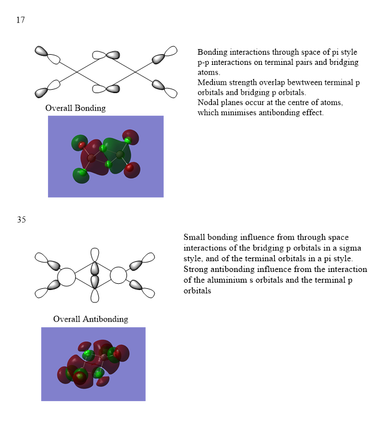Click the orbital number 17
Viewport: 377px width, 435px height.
tap(20, 20)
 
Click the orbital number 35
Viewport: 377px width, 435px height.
tap(21, 219)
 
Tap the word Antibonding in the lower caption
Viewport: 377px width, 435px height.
tap(106, 319)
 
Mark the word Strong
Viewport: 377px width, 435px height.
tap(195, 269)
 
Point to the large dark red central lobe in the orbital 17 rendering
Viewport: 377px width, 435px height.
tap(94, 157)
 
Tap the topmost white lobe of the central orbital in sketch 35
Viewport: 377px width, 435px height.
tap(95, 254)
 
